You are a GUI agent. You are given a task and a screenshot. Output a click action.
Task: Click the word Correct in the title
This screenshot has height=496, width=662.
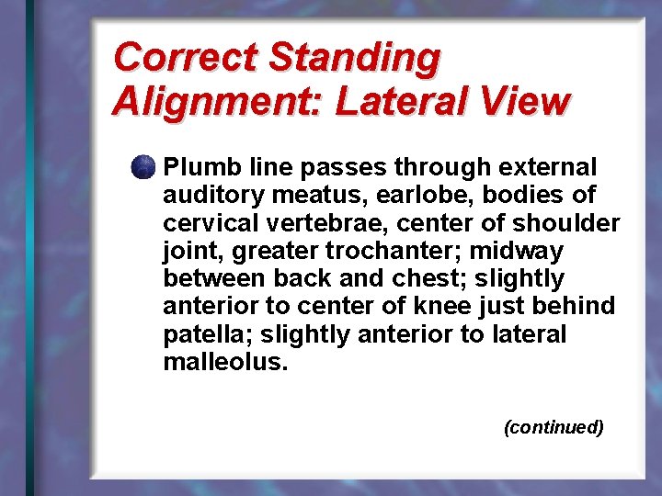click(x=185, y=57)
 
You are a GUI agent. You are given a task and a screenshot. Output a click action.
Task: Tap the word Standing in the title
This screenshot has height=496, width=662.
click(x=354, y=57)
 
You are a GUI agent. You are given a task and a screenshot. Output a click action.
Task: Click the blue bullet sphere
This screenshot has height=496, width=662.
click(x=143, y=168)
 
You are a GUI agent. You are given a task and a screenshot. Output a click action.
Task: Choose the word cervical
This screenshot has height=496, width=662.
click(x=203, y=223)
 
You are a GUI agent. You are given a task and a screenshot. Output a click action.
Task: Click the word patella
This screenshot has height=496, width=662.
click(x=199, y=333)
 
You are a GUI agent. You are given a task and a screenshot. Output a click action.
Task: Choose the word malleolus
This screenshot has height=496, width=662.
click(x=225, y=361)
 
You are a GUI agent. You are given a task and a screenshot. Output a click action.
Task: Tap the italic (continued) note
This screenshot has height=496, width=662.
click(x=554, y=427)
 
